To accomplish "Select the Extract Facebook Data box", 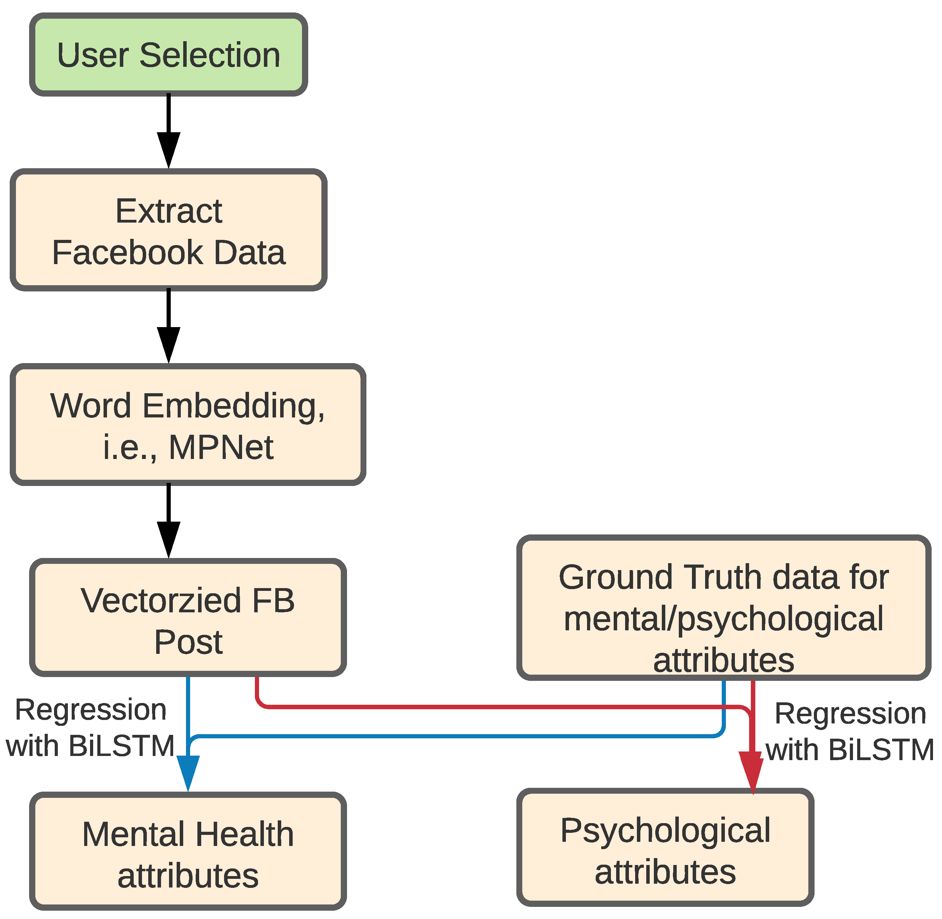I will [169, 230].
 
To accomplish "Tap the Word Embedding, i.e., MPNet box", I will [188, 425].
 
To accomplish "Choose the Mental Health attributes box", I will [188, 853].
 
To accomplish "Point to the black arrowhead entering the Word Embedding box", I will [169, 344].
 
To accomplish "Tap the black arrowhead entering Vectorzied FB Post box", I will [169, 538].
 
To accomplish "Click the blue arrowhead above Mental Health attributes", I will [188, 772].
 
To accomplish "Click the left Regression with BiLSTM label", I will [90, 728].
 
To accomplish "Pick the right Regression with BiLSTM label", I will [850, 732].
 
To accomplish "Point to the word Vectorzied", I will [161, 601].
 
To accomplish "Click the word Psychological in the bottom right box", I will [665, 831].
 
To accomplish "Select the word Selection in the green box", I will [210, 55].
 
